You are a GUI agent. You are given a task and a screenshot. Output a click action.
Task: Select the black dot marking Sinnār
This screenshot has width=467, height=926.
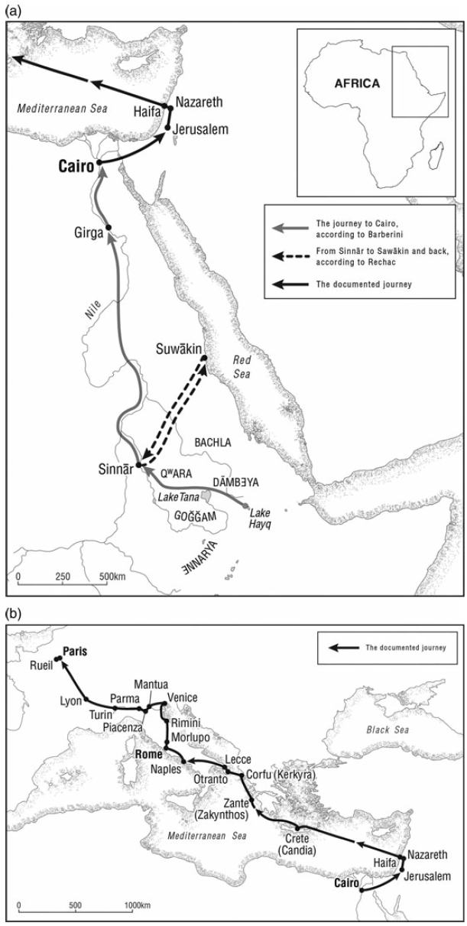click(x=138, y=465)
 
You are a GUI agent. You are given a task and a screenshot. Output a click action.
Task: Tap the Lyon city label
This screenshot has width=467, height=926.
click(x=70, y=700)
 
